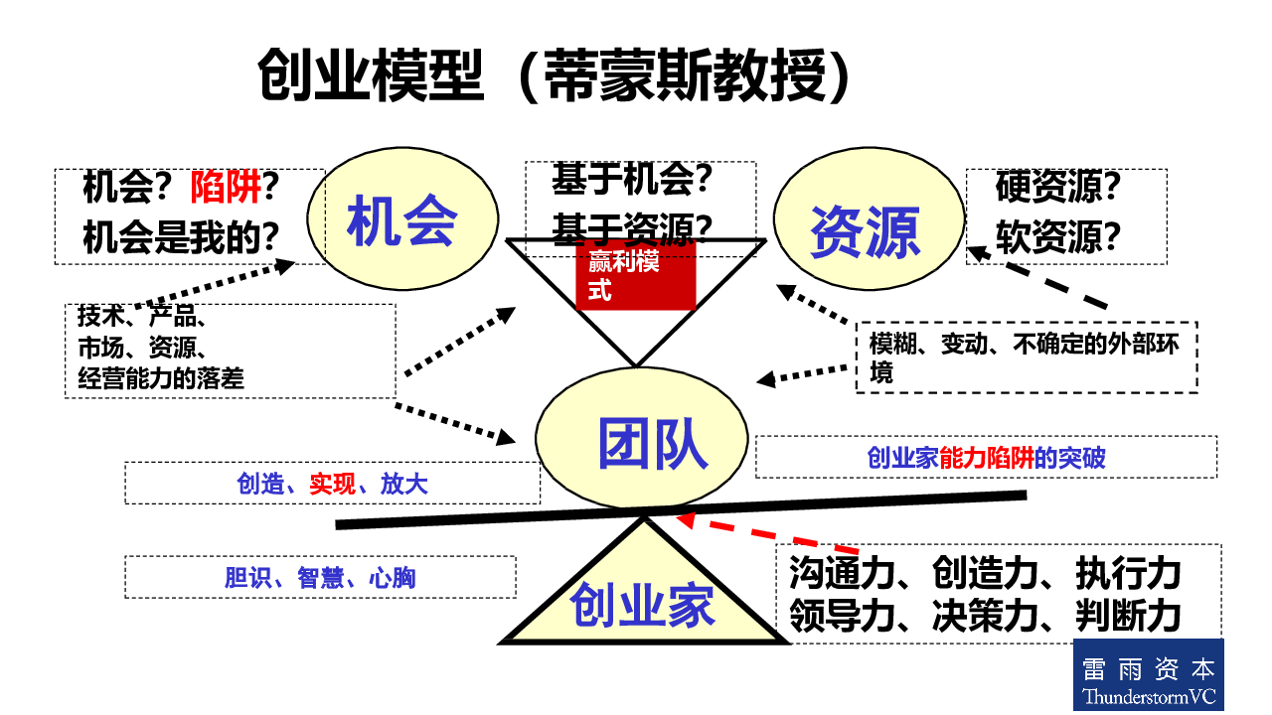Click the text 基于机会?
tap(632, 179)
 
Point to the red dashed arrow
tap(765, 533)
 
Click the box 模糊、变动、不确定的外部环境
tap(1026, 357)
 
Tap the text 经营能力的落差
tap(160, 378)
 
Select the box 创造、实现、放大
tap(332, 484)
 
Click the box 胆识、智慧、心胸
tap(320, 577)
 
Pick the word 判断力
tap(1128, 618)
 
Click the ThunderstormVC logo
tap(1148, 674)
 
